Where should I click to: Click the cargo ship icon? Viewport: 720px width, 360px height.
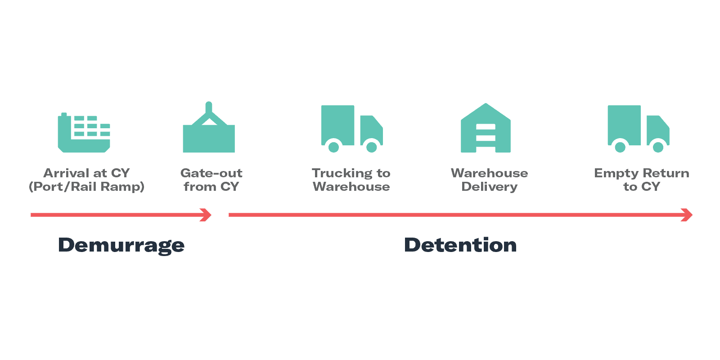84,133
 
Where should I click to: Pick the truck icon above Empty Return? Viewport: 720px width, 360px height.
638,129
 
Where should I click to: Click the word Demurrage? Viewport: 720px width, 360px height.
121,245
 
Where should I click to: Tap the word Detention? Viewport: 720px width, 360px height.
460,245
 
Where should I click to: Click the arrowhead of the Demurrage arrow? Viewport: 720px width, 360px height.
207,215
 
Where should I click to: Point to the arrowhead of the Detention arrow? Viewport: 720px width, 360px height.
687,215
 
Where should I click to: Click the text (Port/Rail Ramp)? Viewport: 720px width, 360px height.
86,187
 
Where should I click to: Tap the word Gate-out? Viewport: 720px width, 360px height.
211,173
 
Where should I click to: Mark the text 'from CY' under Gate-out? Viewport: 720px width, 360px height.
211,187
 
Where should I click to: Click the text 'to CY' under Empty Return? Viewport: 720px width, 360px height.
642,187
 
